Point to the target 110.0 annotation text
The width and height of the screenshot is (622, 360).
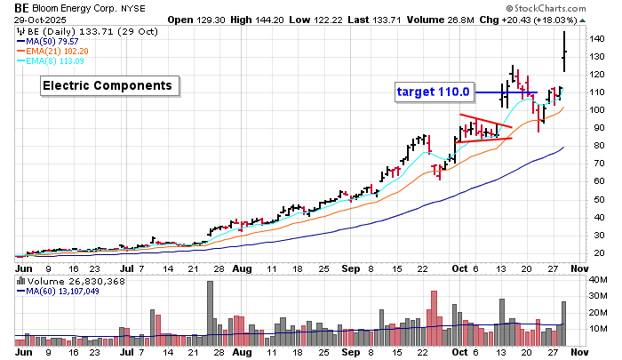pos(435,92)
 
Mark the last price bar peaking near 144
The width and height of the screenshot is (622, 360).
pos(565,49)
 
